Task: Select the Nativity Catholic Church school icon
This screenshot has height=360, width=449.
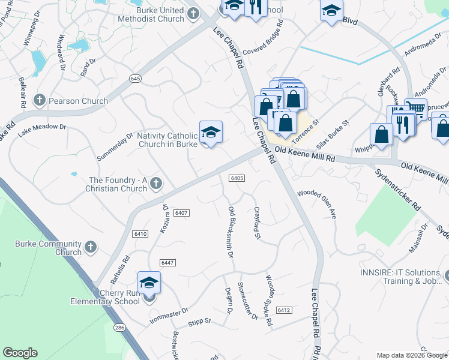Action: tap(211, 133)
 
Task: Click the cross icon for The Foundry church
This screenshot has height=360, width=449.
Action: tap(156, 184)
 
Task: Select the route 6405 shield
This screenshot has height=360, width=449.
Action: tap(237, 178)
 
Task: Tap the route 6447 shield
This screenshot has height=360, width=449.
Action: tap(168, 263)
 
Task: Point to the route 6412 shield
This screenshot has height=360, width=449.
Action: tap(284, 310)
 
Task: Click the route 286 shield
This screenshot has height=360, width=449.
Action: tap(120, 328)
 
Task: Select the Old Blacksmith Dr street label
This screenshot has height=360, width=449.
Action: tap(231, 232)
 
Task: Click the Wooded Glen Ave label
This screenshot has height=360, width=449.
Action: tap(317, 208)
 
